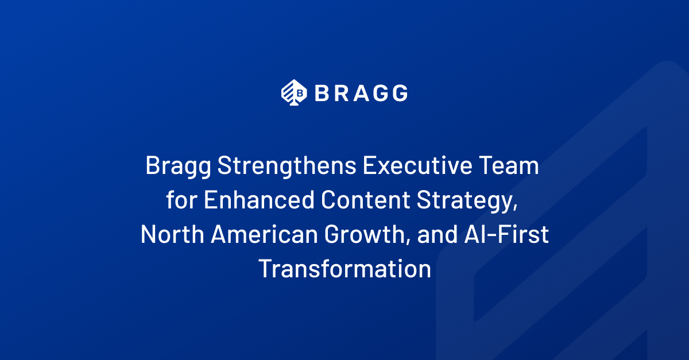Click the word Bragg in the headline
(179, 167)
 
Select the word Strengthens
(287, 166)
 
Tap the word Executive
(417, 165)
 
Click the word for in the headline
(182, 199)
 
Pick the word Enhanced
(259, 199)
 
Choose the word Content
(365, 199)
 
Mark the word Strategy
(467, 201)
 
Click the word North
(172, 234)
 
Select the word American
(264, 234)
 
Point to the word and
(438, 234)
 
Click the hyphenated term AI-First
(506, 234)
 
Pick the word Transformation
(345, 268)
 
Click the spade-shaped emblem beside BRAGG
(294, 92)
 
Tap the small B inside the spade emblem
(300, 92)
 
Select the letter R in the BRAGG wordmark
(342, 93)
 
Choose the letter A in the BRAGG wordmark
(361, 93)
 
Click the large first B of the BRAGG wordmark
(322, 93)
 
